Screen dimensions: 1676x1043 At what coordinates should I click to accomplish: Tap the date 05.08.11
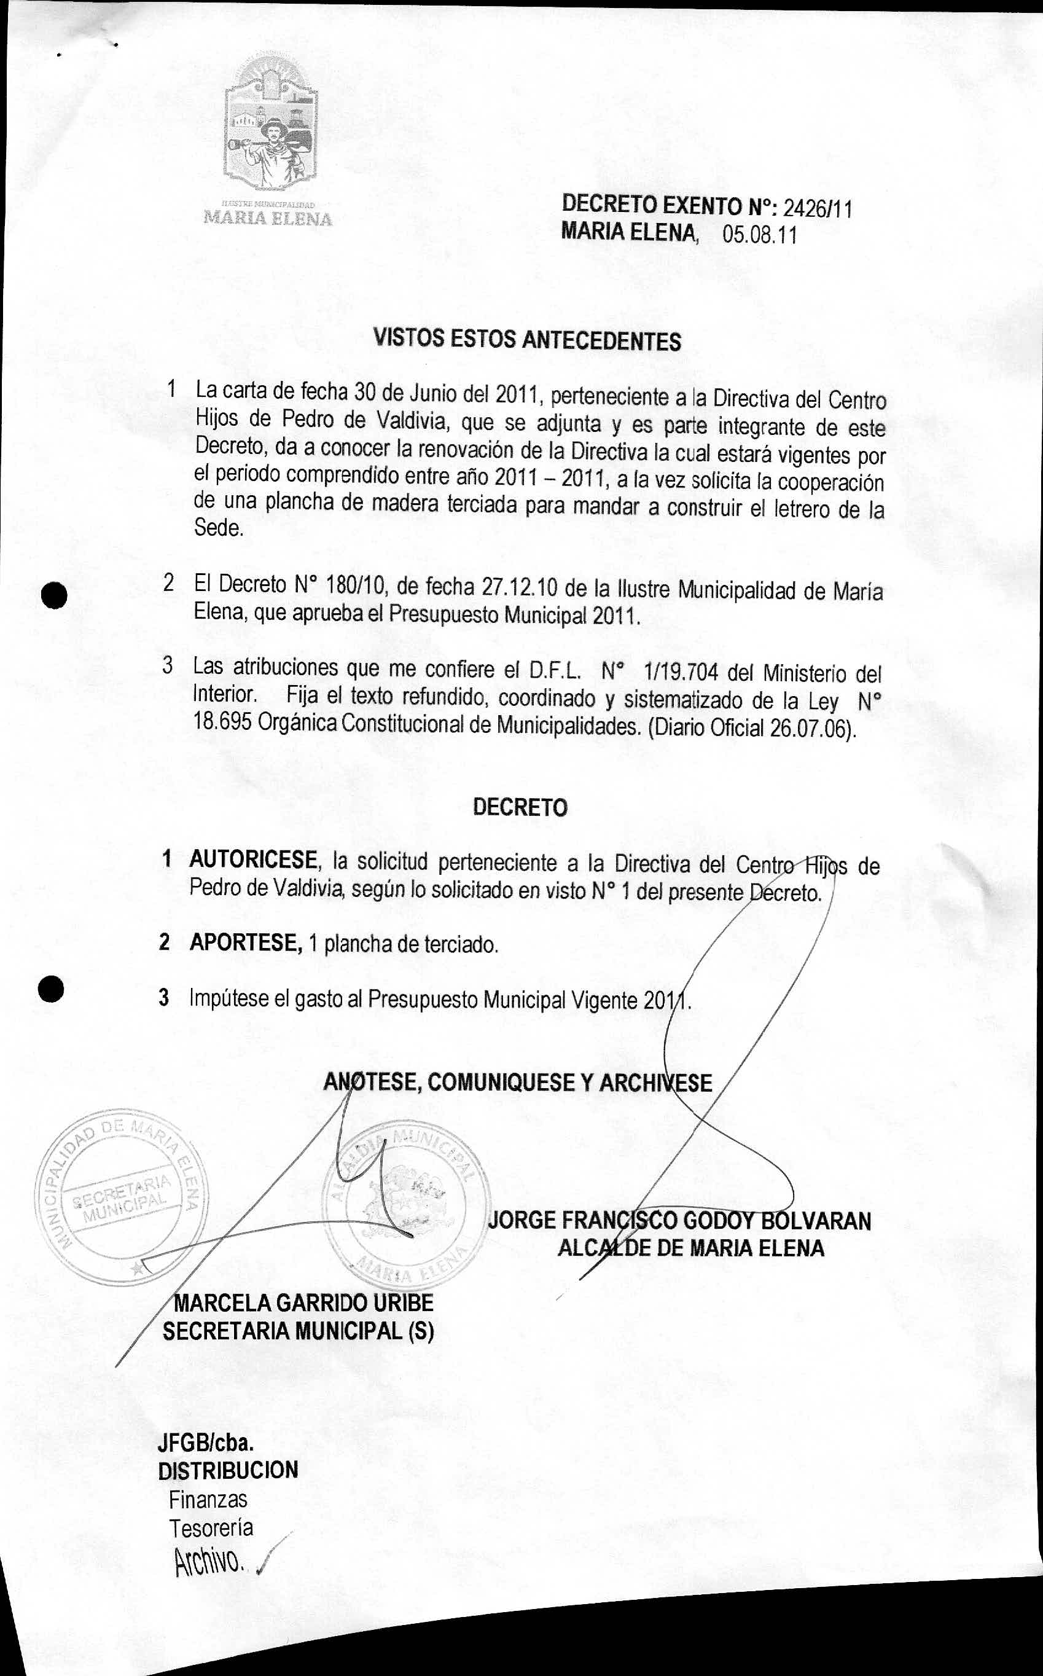tap(759, 235)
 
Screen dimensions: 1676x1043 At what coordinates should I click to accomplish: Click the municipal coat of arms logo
tap(271, 124)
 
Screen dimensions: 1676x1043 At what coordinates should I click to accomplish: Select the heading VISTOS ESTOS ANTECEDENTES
tap(527, 340)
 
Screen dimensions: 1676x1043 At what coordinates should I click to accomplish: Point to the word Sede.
tap(219, 529)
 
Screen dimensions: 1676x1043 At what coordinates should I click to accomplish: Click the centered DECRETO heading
tap(520, 807)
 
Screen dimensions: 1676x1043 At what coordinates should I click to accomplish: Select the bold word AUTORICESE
tap(252, 860)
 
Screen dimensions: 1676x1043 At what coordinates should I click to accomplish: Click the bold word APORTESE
tap(246, 942)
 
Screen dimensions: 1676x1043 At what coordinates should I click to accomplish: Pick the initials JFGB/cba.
tap(205, 1442)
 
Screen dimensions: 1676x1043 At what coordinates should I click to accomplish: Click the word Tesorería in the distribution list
tap(211, 1529)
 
